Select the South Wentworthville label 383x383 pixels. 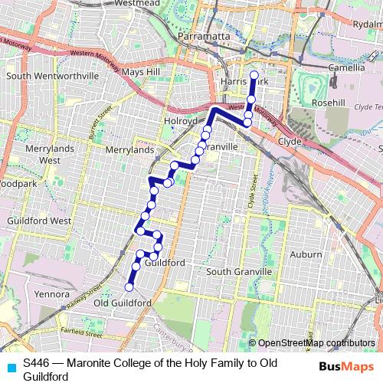[x=53, y=77]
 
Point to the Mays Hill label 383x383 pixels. [x=141, y=72]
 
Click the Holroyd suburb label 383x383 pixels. [x=181, y=121]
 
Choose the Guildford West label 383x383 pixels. [x=41, y=221]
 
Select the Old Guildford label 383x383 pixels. [x=122, y=303]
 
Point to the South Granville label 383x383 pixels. [x=239, y=272]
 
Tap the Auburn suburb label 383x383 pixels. [x=306, y=254]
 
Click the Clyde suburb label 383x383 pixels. [x=290, y=142]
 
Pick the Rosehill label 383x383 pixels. [x=329, y=103]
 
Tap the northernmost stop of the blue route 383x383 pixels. [x=254, y=74]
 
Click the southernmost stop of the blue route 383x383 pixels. [x=129, y=287]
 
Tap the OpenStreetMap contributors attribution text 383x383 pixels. [x=316, y=342]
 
